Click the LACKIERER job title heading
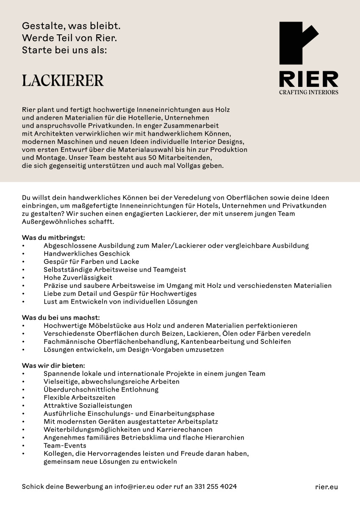click(x=63, y=81)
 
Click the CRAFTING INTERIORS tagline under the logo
click(x=308, y=92)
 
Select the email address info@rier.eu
click(x=134, y=487)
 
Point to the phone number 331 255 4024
click(x=216, y=487)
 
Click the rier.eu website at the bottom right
click(x=327, y=487)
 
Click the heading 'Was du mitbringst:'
click(x=53, y=237)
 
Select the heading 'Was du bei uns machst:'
click(x=61, y=318)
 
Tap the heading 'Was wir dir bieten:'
click(x=53, y=365)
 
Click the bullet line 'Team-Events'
click(x=65, y=446)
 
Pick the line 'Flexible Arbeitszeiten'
click(x=79, y=398)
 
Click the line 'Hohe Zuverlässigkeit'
click(x=78, y=278)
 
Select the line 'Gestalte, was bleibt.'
click(x=71, y=26)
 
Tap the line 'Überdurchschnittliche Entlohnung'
click(x=101, y=390)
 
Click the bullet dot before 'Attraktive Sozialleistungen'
click(x=24, y=406)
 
